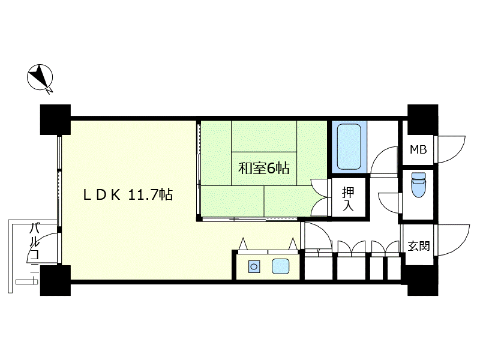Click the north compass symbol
point(40,77)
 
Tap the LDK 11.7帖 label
point(128,194)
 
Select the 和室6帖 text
point(264,168)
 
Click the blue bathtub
point(349,146)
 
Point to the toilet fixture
point(418,185)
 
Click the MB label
point(418,149)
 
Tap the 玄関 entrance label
point(418,246)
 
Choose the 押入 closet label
point(348,199)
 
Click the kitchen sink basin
point(280,266)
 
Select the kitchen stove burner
point(254,266)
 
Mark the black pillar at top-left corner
point(55,119)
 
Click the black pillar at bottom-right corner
point(422,280)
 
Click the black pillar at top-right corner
point(422,119)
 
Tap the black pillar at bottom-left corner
point(55,280)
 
